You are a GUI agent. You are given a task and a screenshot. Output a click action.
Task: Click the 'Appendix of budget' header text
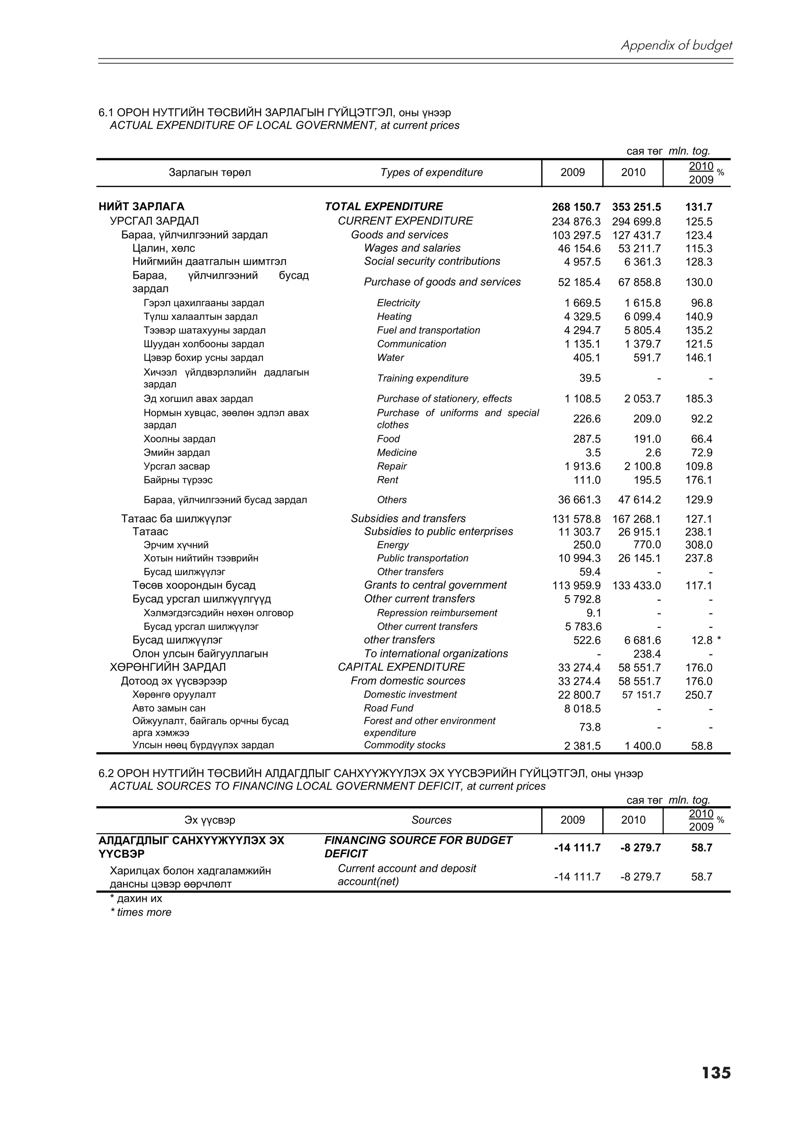coord(676,46)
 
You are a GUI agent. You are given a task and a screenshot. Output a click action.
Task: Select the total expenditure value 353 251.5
coord(636,207)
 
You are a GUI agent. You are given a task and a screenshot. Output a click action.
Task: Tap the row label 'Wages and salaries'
coord(412,248)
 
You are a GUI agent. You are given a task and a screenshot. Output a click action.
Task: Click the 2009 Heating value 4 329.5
coord(582,317)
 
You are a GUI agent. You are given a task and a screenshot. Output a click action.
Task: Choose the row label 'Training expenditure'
coord(422,378)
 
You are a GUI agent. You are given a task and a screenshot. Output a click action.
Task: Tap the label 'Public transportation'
coord(422,558)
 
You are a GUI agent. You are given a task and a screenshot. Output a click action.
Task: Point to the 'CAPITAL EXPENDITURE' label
coord(401,667)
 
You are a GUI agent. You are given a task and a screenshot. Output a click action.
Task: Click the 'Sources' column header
coord(431,820)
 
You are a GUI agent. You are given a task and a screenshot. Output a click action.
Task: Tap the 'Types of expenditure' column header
coord(431,173)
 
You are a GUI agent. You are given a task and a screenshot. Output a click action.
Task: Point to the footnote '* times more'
coord(140,913)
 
